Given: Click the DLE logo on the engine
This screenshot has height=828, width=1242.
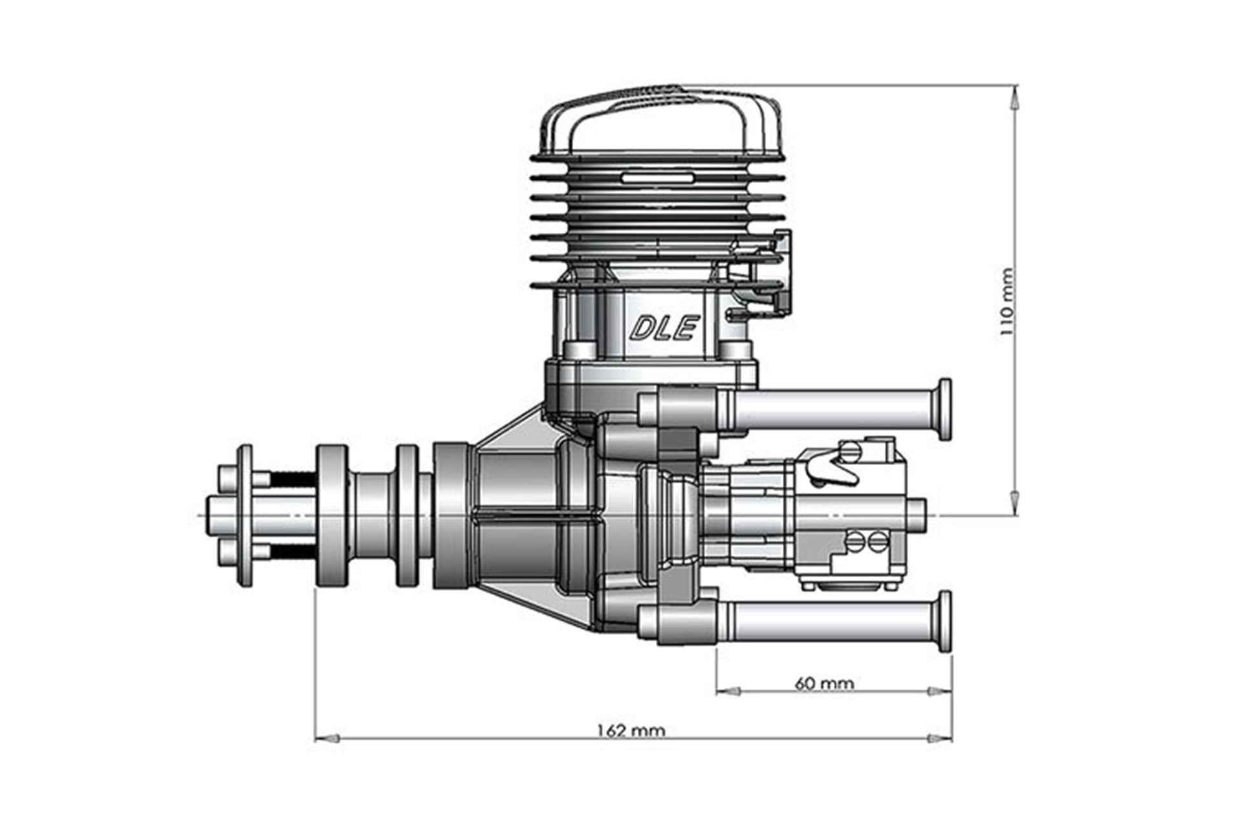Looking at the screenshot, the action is [x=664, y=328].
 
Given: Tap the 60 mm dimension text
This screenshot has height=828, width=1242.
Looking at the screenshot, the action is [x=824, y=683].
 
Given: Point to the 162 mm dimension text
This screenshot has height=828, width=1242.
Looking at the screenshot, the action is [x=631, y=730].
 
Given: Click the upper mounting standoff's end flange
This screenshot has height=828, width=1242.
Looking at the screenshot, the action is [x=944, y=409].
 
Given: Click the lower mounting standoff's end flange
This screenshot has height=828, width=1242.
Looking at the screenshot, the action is [x=944, y=622].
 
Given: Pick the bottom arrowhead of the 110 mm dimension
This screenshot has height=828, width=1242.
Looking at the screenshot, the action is [x=1014, y=503].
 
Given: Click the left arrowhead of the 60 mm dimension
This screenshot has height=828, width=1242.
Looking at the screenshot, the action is [x=729, y=692].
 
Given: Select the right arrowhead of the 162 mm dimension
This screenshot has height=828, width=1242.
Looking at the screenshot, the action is [x=939, y=738].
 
